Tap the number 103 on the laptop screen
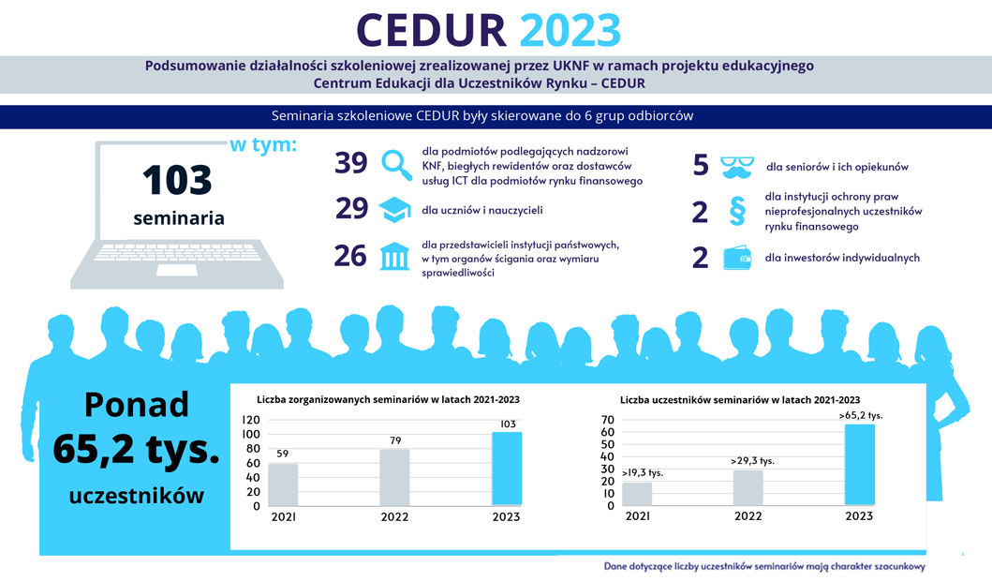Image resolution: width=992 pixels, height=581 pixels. [178, 180]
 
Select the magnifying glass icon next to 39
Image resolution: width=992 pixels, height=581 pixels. [397, 164]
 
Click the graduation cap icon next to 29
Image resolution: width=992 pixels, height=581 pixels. [396, 210]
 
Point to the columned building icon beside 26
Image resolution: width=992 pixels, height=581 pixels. [395, 256]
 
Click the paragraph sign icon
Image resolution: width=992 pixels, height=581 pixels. [737, 212]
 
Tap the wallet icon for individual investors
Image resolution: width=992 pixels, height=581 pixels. [738, 258]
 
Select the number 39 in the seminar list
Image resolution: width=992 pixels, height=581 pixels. [351, 164]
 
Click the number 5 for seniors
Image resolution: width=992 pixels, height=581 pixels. [701, 166]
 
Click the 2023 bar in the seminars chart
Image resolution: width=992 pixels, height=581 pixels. [507, 469]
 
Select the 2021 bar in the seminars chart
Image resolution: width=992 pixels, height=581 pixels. [283, 484]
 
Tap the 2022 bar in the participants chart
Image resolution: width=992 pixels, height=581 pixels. [748, 487]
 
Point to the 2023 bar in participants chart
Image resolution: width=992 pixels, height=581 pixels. [859, 465]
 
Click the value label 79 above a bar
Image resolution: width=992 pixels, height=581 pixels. [394, 439]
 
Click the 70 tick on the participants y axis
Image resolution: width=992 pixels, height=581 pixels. [606, 420]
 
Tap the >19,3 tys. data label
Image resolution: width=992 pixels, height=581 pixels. [643, 473]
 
